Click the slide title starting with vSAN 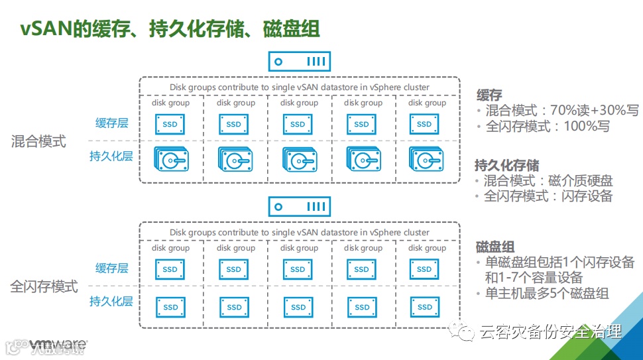pyautogui.click(x=168, y=29)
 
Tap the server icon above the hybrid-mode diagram pyautogui.click(x=299, y=62)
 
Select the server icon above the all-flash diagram pyautogui.click(x=299, y=207)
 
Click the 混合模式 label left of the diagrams pyautogui.click(x=38, y=141)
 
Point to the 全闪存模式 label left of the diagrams pyautogui.click(x=44, y=287)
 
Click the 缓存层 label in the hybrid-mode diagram pyautogui.click(x=111, y=123)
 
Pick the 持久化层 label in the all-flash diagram pyautogui.click(x=111, y=302)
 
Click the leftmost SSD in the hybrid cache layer pyautogui.click(x=170, y=124)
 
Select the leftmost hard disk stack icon pyautogui.click(x=170, y=160)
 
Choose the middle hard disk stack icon pyautogui.click(x=298, y=160)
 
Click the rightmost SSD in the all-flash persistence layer pyautogui.click(x=425, y=307)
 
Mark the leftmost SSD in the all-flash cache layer pyautogui.click(x=170, y=269)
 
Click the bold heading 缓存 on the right pyautogui.click(x=489, y=95)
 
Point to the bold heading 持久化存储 pyautogui.click(x=507, y=165)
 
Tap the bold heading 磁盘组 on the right pyautogui.click(x=495, y=247)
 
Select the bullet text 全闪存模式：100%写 pyautogui.click(x=548, y=126)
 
